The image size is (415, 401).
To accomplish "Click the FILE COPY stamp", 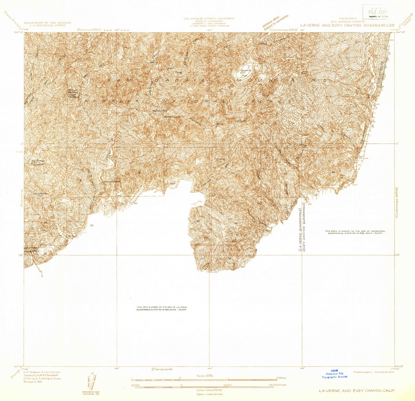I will (x=378, y=12).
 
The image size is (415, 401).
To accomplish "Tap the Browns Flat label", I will (x=245, y=72).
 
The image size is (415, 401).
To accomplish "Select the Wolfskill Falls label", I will (x=160, y=111).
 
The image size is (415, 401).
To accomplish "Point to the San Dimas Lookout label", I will (x=38, y=163).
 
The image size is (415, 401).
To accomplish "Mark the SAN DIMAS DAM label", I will (x=112, y=182).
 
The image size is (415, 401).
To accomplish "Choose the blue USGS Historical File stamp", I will (x=334, y=374).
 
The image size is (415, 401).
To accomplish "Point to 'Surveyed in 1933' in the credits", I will (x=33, y=382).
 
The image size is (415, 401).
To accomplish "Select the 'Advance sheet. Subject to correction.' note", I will (x=275, y=23).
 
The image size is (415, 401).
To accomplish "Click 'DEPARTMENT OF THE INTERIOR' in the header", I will (x=47, y=23).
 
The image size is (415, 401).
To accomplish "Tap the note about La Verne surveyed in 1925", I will (x=162, y=308).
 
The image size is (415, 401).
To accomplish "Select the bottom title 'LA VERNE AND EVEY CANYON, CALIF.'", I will (x=357, y=391).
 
